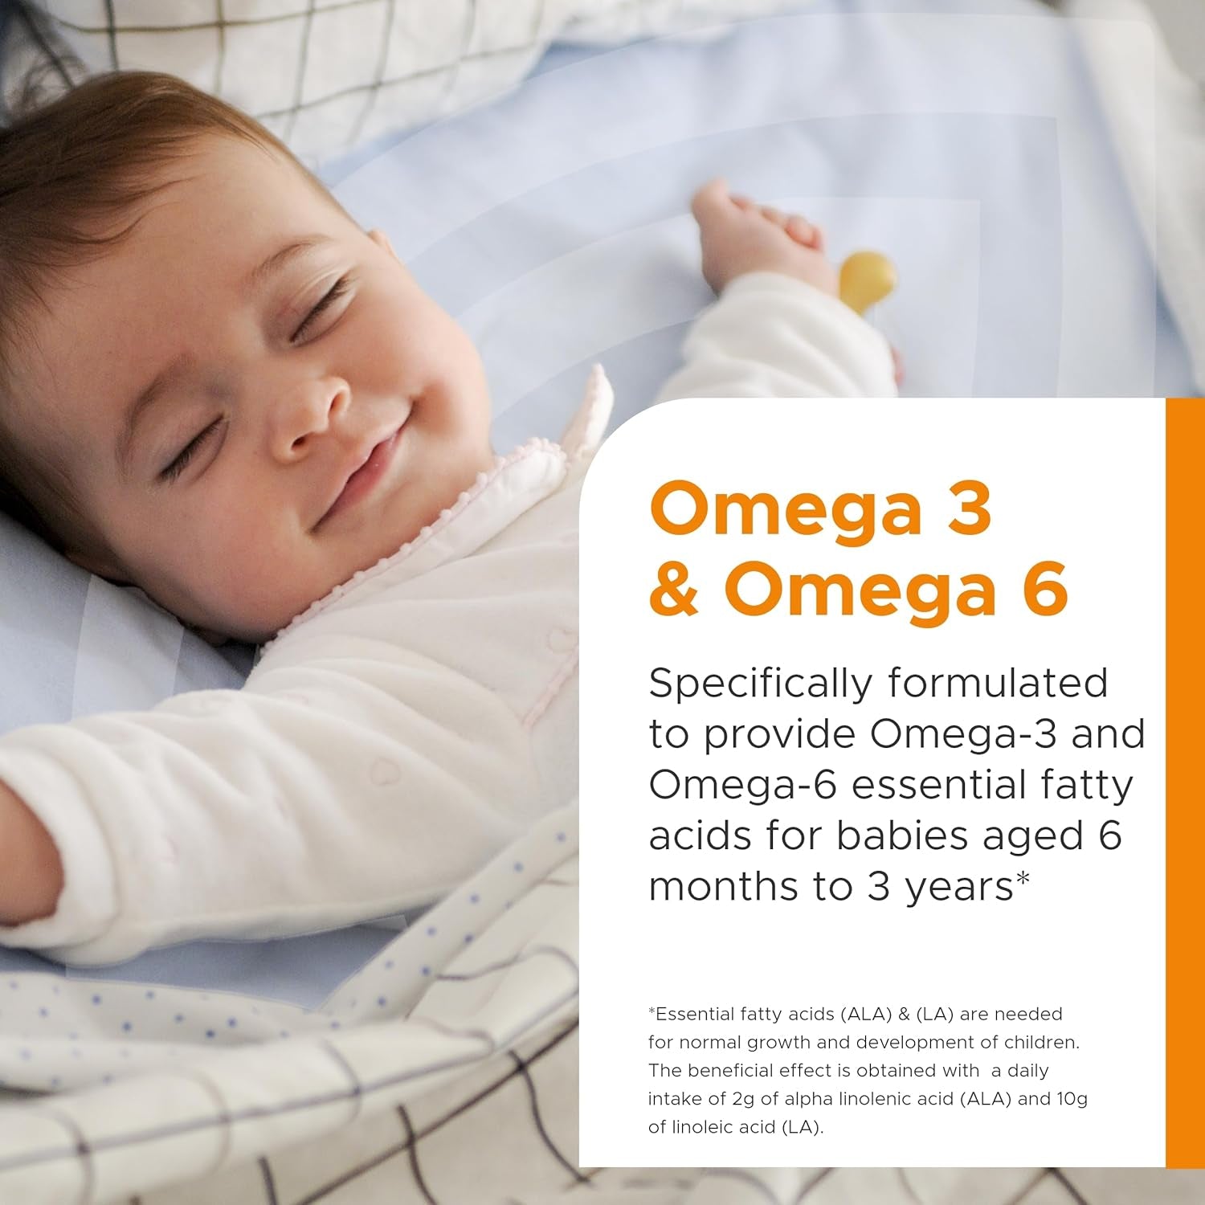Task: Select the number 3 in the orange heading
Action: click(x=969, y=508)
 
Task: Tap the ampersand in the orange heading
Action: click(x=673, y=589)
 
